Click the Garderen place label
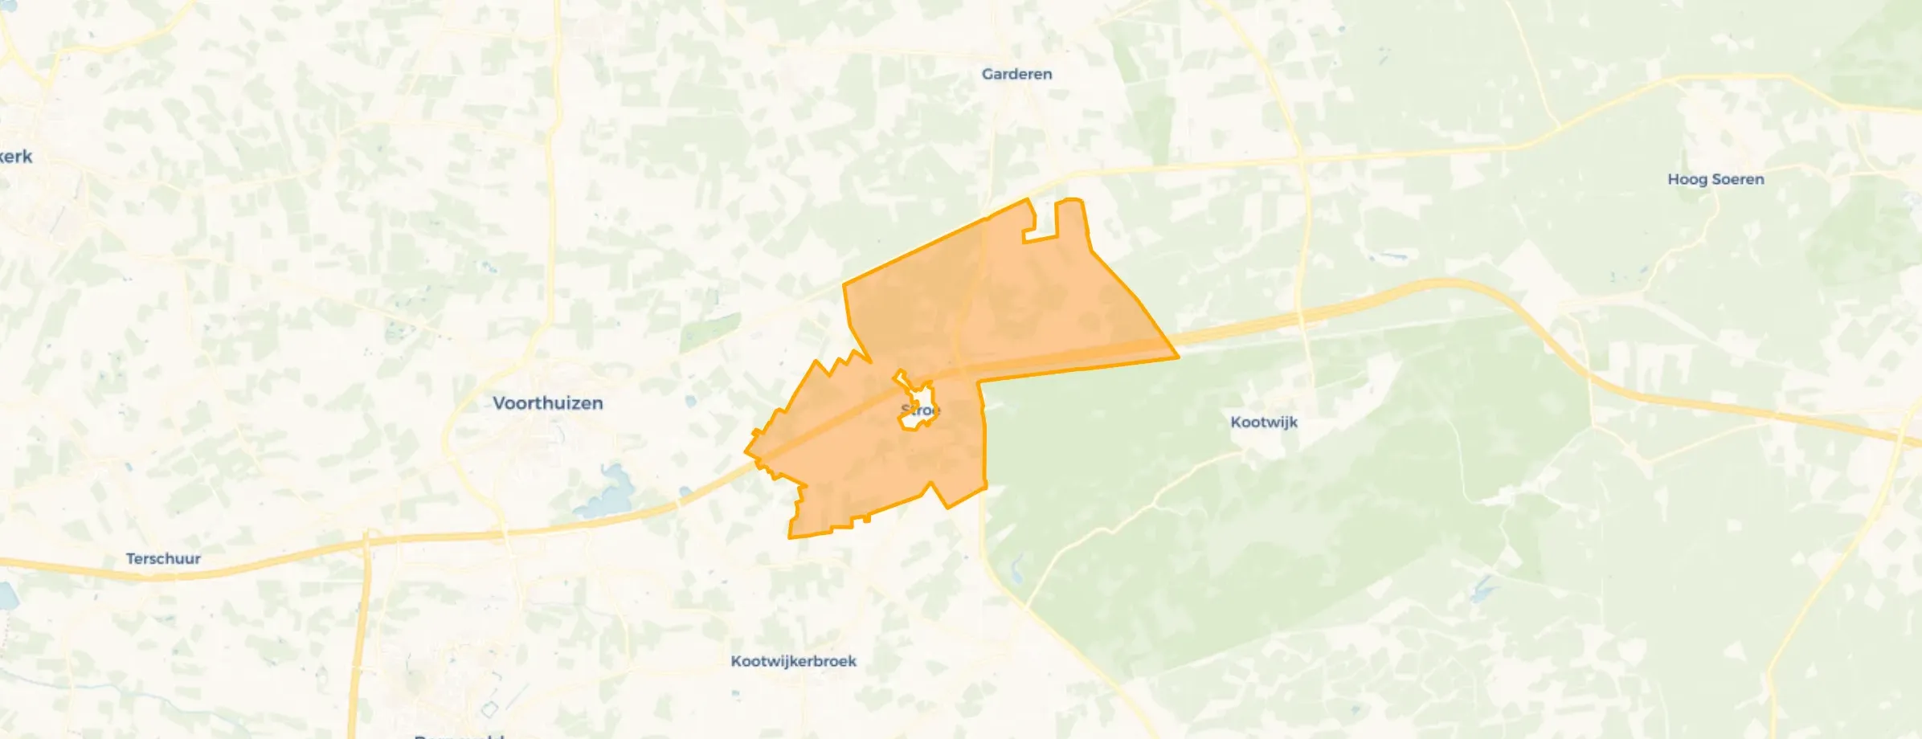point(1016,74)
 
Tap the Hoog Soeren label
point(1715,179)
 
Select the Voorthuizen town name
point(547,403)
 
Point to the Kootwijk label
point(1263,422)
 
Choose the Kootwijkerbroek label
point(793,661)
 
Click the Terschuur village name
point(163,558)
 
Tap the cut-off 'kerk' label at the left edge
point(16,157)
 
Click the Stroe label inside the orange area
point(920,410)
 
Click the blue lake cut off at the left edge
point(6,595)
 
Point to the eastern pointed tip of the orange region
point(1177,357)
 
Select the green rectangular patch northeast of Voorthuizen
point(710,331)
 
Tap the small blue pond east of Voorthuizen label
point(691,402)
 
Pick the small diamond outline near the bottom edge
point(489,709)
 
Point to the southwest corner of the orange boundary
point(791,537)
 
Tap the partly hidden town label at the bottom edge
point(458,734)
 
